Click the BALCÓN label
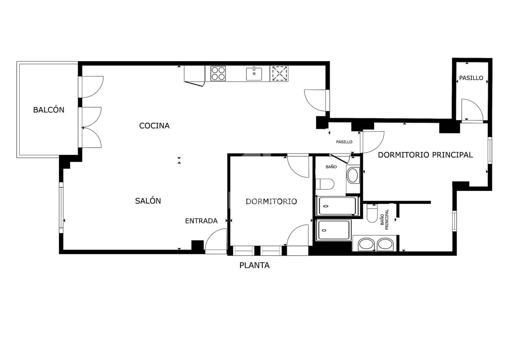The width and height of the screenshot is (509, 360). pyautogui.click(x=49, y=110)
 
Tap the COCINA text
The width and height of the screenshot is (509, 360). pyautogui.click(x=154, y=126)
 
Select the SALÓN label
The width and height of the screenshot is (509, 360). pyautogui.click(x=148, y=201)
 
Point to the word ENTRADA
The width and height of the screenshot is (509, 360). pyautogui.click(x=201, y=221)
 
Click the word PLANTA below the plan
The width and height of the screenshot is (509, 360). pyautogui.click(x=254, y=265)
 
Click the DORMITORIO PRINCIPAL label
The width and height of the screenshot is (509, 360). pyautogui.click(x=425, y=155)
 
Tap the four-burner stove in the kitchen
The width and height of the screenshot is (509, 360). pyautogui.click(x=218, y=74)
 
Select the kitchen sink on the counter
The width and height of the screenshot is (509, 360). pyautogui.click(x=254, y=74)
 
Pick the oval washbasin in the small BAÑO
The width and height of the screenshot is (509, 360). pyautogui.click(x=352, y=175)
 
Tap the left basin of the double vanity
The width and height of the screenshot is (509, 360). pyautogui.click(x=366, y=244)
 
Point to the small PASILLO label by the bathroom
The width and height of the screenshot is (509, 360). pyautogui.click(x=344, y=142)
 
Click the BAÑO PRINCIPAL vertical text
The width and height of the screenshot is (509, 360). pyautogui.click(x=385, y=220)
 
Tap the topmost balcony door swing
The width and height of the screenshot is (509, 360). pyautogui.click(x=92, y=87)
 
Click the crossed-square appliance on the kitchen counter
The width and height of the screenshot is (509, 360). pyautogui.click(x=280, y=74)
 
